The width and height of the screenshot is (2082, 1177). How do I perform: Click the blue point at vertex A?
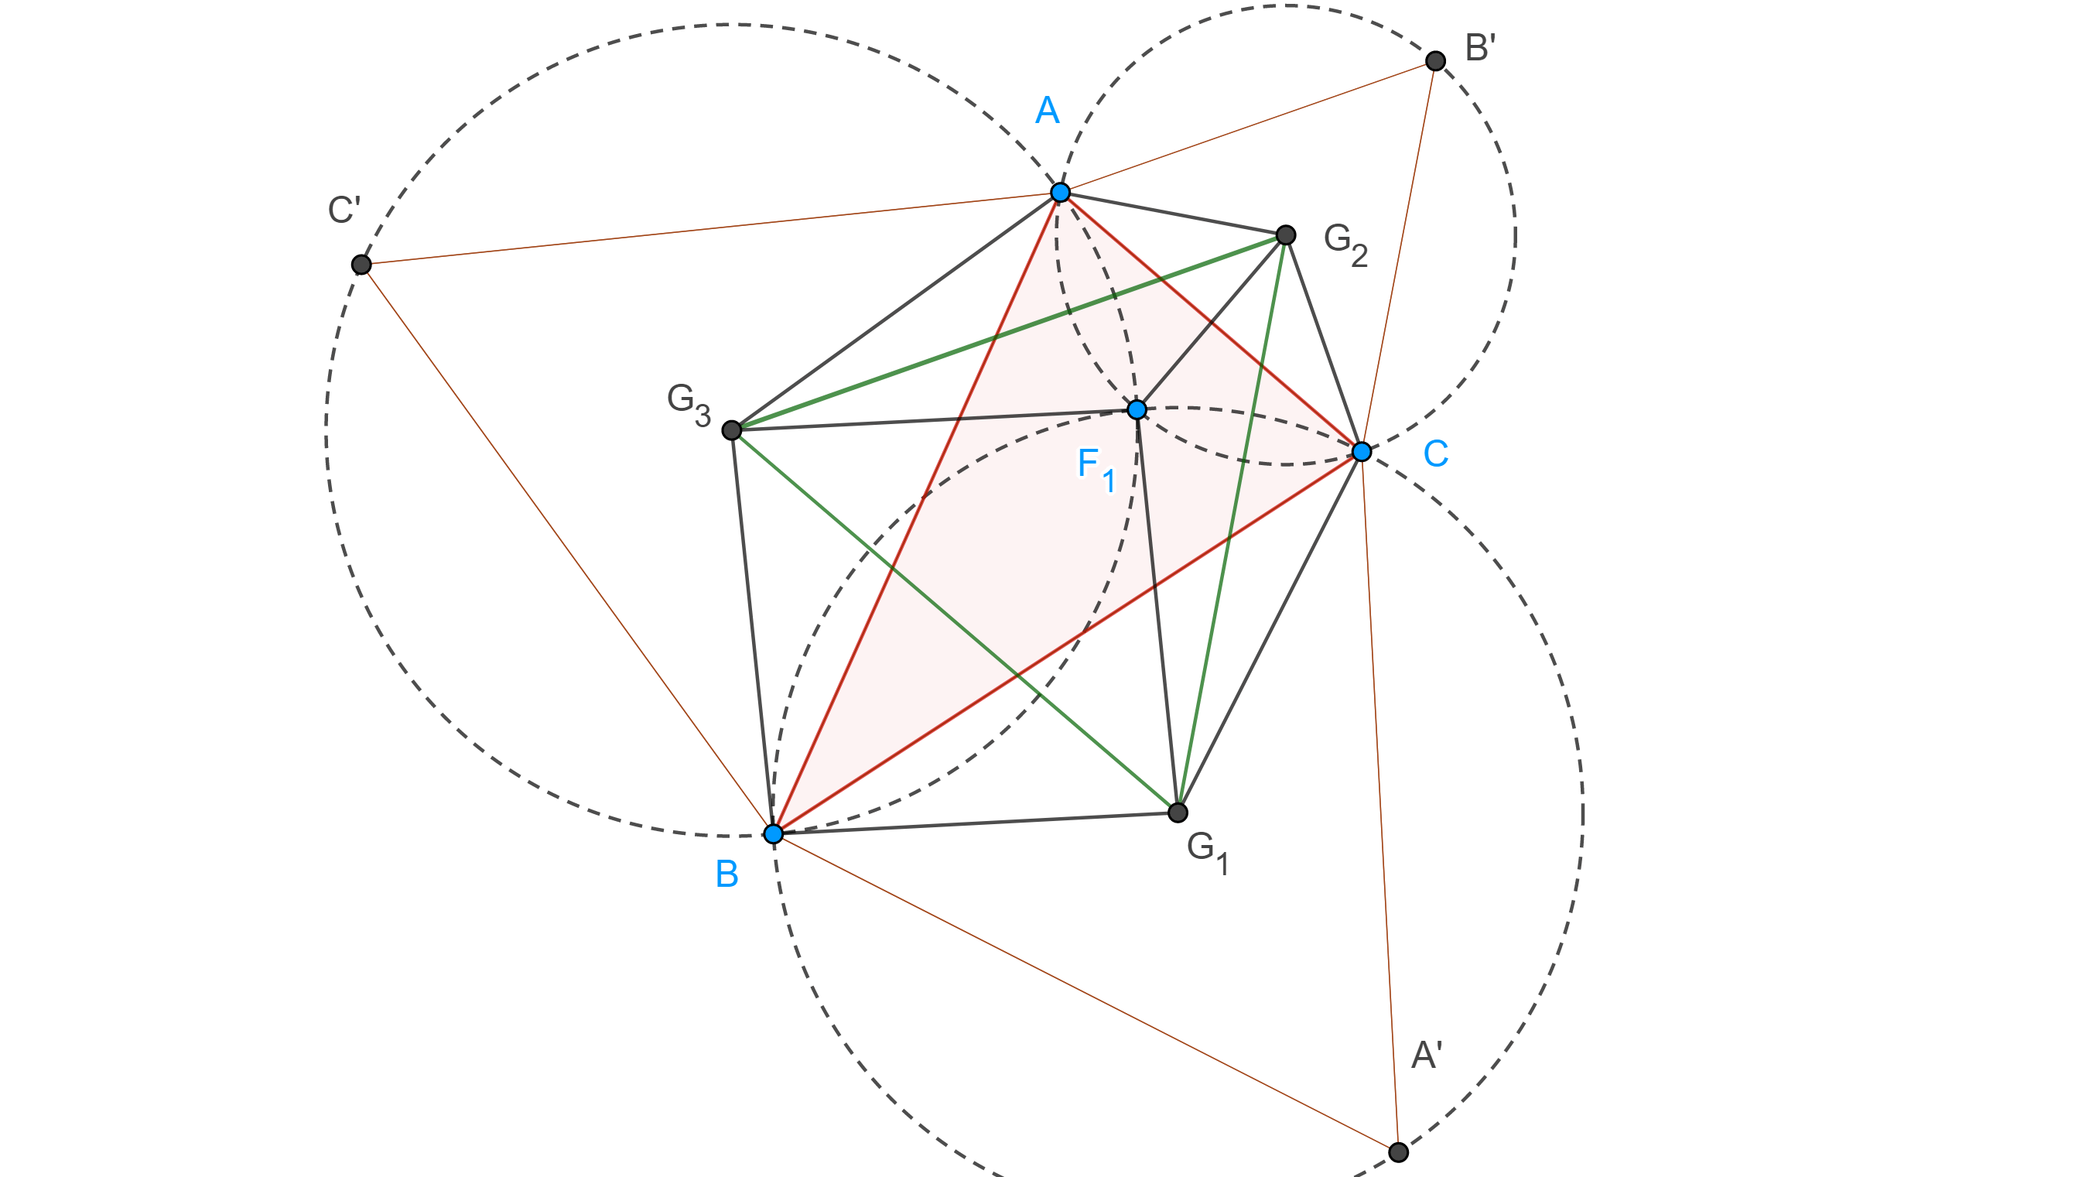[1061, 193]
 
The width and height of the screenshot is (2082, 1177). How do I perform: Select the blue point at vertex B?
[774, 833]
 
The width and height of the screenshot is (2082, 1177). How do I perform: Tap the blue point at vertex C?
[1362, 451]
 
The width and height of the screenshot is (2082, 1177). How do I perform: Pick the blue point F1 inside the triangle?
[1137, 410]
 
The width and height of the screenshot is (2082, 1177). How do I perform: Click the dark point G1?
[1178, 812]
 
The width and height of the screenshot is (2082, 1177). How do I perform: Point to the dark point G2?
[1286, 234]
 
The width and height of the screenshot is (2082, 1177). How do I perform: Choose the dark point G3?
[731, 429]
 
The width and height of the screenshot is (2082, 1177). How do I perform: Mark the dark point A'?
[1398, 1151]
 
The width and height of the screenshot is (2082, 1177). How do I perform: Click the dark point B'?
[1435, 60]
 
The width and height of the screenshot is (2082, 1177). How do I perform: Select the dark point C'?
[361, 265]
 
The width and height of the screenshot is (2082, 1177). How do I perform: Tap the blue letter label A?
[1048, 110]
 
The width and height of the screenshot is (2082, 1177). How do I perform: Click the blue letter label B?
[726, 874]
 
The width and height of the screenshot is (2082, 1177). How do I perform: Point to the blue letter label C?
[1435, 453]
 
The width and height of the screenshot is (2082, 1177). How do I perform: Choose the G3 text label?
[689, 402]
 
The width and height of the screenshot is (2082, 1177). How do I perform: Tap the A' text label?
[1427, 1055]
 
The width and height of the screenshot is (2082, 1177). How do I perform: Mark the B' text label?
[1481, 49]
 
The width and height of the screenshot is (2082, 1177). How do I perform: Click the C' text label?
[344, 210]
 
